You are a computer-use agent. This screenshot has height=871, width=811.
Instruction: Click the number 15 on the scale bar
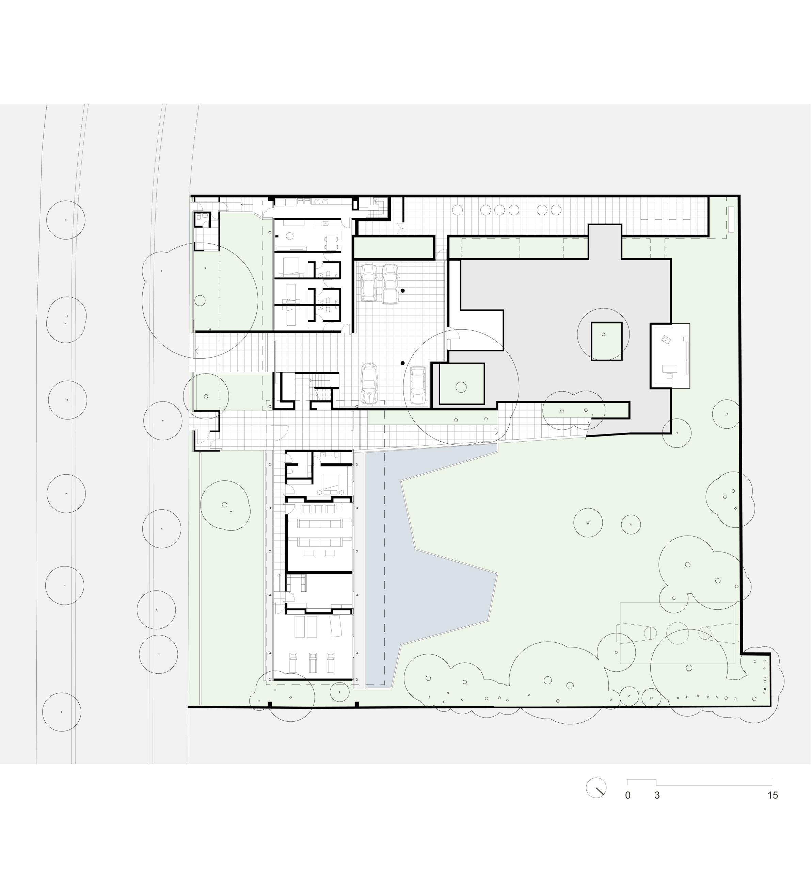pyautogui.click(x=773, y=795)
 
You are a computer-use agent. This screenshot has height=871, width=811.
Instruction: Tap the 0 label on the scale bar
pyautogui.click(x=628, y=795)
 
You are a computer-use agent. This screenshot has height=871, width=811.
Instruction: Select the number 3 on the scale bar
pyautogui.click(x=657, y=795)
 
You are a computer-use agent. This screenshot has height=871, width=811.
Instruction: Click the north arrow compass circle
pyautogui.click(x=596, y=788)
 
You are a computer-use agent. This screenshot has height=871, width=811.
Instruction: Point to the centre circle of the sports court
pyautogui.click(x=677, y=633)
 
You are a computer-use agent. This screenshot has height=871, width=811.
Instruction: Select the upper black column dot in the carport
pyautogui.click(x=402, y=291)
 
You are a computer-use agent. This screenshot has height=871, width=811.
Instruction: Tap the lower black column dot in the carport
pyautogui.click(x=402, y=363)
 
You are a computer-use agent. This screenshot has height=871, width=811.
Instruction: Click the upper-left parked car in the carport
pyautogui.click(x=368, y=283)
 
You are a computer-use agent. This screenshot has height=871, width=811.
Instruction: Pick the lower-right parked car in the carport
pyautogui.click(x=417, y=385)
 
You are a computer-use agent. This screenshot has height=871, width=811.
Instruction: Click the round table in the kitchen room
pyautogui.click(x=289, y=236)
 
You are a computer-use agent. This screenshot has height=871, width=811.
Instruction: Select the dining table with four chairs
pyautogui.click(x=331, y=242)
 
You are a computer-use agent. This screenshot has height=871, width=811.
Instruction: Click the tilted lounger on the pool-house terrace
pyautogui.click(x=335, y=626)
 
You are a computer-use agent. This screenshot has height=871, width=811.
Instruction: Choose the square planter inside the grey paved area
pyautogui.click(x=606, y=341)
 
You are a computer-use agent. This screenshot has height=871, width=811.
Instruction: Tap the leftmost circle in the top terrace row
pyautogui.click(x=457, y=210)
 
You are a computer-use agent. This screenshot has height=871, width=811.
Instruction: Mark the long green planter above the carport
pyautogui.click(x=394, y=247)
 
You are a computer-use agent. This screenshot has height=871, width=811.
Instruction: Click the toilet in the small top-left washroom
pyautogui.click(x=199, y=217)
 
